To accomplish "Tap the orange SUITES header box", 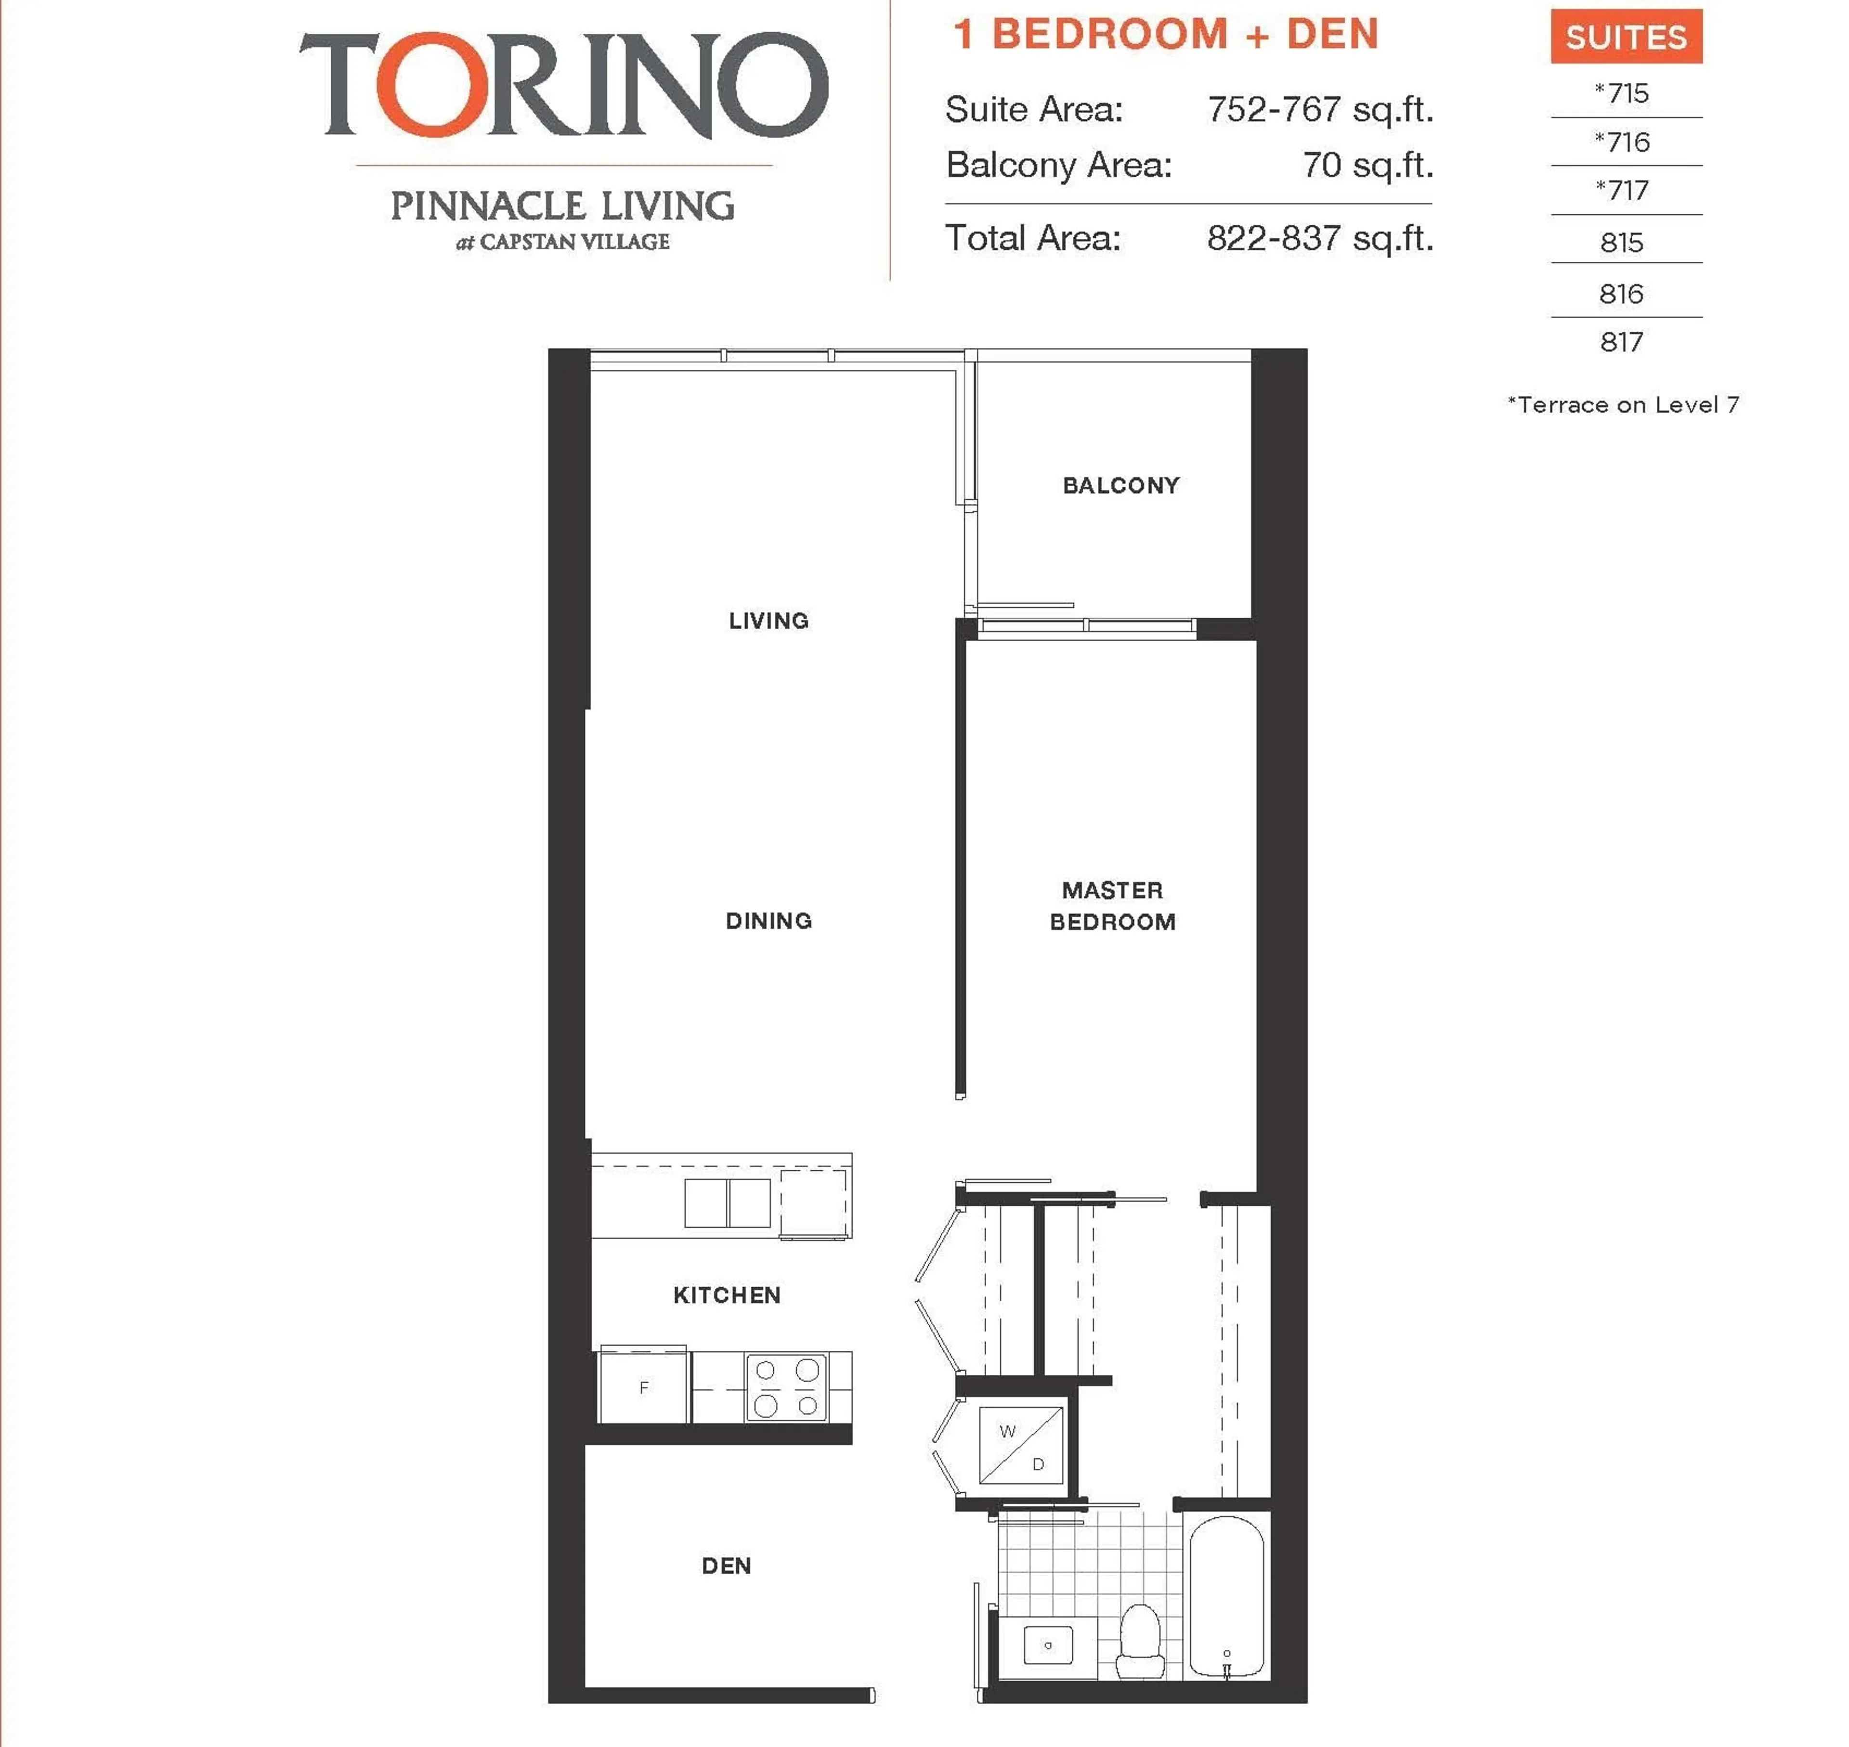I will point(1626,37).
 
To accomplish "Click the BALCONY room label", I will point(1120,485).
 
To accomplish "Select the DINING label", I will point(768,921).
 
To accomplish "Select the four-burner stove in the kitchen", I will point(786,1386).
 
